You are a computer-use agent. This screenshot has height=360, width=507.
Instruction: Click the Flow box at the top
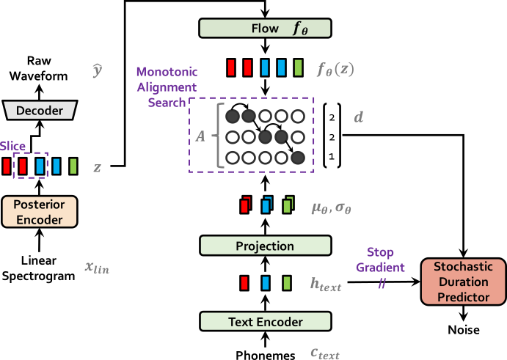pos(265,29)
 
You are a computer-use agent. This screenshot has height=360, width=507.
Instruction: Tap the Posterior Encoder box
pos(40,211)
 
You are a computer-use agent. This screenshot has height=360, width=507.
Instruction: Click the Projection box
pos(265,246)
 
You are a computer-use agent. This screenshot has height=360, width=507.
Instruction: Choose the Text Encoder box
pos(265,321)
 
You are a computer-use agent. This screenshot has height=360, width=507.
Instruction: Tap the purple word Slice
pos(12,147)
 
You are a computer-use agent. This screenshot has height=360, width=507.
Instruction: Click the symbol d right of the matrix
pos(358,117)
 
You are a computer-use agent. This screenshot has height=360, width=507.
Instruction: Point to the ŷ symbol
pos(97,70)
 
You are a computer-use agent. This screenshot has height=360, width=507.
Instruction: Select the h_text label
pos(326,284)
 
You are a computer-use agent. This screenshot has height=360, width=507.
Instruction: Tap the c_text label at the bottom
pos(324,353)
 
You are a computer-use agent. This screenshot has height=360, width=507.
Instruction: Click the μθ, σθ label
pos(331,207)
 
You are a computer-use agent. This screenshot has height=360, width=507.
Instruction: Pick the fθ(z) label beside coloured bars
pos(335,70)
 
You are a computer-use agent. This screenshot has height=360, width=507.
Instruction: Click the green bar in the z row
pos(73,166)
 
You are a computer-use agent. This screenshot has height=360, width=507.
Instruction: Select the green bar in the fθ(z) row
pos(298,68)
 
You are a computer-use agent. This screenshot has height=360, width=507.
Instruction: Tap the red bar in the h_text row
pos(244,283)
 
